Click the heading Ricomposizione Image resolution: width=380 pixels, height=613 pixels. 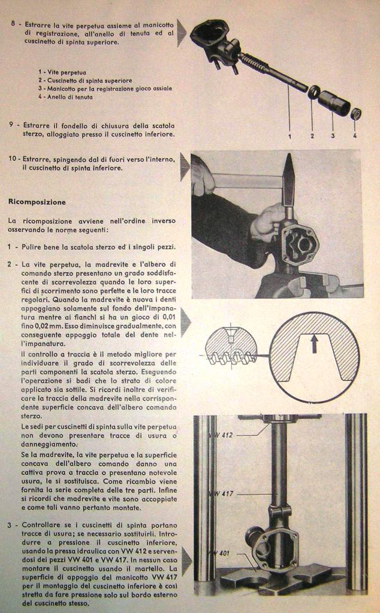click(37, 202)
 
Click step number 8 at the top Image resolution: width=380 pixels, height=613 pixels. click(13, 25)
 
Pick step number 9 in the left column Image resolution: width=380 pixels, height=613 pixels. click(12, 125)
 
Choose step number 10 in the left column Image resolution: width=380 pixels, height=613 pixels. click(13, 159)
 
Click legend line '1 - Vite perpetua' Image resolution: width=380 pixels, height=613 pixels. click(62, 72)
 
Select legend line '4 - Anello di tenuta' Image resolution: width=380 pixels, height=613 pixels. click(65, 96)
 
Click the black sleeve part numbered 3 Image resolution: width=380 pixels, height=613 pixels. click(334, 104)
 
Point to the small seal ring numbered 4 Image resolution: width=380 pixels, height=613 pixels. click(355, 113)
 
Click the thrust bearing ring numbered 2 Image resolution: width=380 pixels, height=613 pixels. click(313, 92)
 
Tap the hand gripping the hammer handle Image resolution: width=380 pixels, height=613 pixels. click(202, 177)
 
